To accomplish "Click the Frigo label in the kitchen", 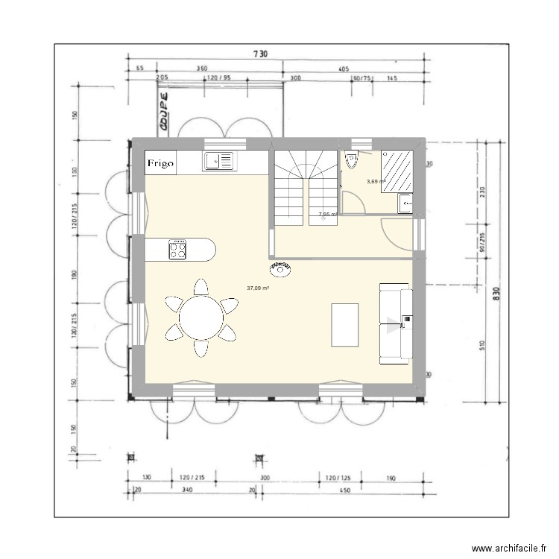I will pyautogui.click(x=161, y=162).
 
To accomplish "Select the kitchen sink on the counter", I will pyautogui.click(x=217, y=160).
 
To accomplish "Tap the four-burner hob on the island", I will pyautogui.click(x=178, y=250).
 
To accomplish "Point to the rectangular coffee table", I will pyautogui.click(x=344, y=324).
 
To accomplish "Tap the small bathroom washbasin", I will pyautogui.click(x=405, y=203).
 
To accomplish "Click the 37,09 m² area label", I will pyautogui.click(x=258, y=288).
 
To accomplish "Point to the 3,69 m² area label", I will pyautogui.click(x=375, y=181).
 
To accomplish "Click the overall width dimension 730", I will pyautogui.click(x=259, y=54).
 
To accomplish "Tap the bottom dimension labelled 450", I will pyautogui.click(x=344, y=490).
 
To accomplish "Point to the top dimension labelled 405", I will pyautogui.click(x=344, y=69).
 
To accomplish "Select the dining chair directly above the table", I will pyautogui.click(x=200, y=285).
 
